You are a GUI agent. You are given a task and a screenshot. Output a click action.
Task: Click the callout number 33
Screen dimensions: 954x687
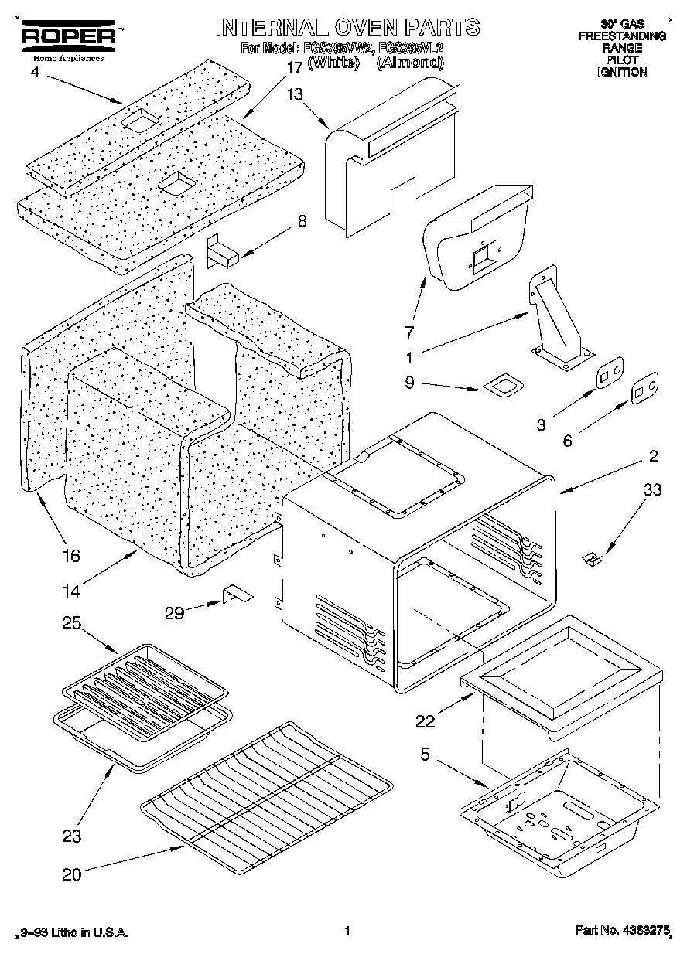[653, 489]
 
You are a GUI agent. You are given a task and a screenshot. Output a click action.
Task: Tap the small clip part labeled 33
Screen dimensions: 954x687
[593, 557]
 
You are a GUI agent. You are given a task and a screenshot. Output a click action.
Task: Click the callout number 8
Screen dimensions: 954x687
[302, 221]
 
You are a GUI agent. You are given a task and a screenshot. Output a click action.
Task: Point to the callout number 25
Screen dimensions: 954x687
[71, 623]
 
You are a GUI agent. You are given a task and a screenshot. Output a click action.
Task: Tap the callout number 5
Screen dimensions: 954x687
[425, 753]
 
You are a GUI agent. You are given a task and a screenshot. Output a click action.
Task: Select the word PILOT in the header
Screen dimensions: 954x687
[622, 60]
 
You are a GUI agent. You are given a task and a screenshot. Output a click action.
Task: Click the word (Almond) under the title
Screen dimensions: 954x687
[409, 63]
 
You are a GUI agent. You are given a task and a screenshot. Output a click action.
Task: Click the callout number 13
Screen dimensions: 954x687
[296, 94]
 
